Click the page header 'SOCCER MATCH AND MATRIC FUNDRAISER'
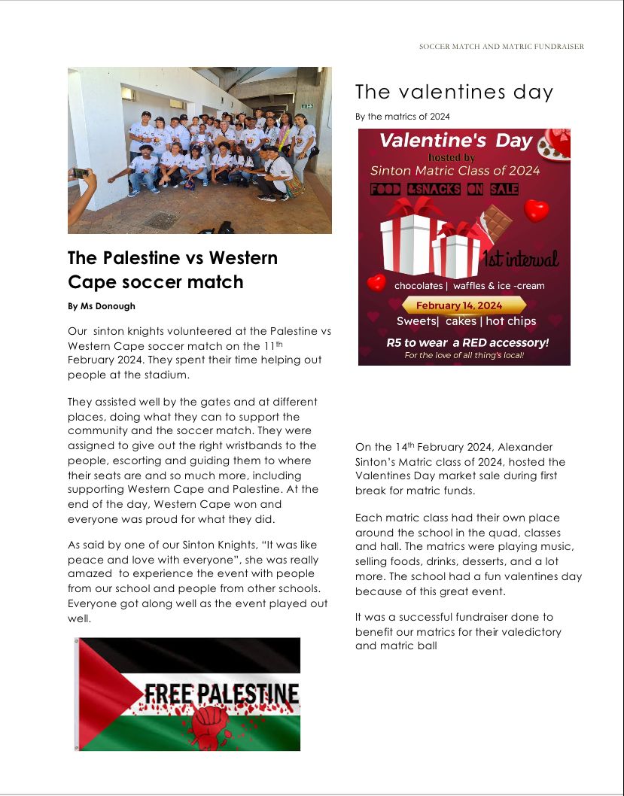click(x=501, y=47)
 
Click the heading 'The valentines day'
click(x=454, y=93)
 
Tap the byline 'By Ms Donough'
click(x=102, y=306)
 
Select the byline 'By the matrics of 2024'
click(x=402, y=116)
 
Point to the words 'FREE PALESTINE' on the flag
click(x=221, y=694)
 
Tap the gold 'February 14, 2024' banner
click(x=463, y=305)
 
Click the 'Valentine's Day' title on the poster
click(x=455, y=141)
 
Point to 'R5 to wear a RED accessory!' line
click(x=463, y=342)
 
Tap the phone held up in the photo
click(x=79, y=173)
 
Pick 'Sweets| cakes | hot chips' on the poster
click(x=466, y=321)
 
